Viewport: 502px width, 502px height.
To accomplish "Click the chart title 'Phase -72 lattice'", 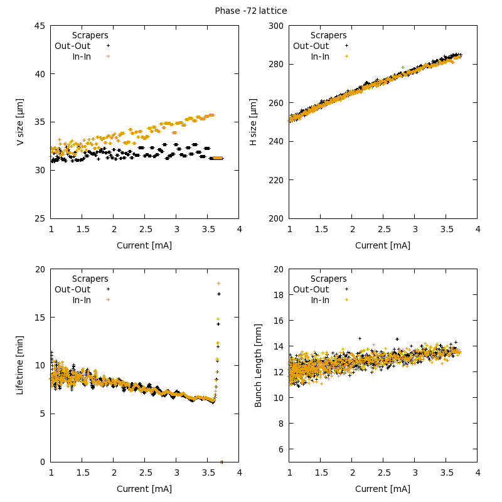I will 251,11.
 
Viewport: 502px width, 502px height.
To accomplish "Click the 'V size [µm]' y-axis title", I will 20,122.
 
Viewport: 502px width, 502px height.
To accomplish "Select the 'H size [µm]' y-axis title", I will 254,122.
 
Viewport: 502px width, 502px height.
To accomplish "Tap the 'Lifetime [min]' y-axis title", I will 20,365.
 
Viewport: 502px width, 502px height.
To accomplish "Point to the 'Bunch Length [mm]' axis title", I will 259,365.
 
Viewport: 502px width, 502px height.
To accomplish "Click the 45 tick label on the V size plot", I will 40,26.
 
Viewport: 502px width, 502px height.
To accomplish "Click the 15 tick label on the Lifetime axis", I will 40,318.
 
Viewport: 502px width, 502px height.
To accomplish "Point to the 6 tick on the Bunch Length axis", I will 280,449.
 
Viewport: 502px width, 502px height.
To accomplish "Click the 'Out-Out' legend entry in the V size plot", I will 73,46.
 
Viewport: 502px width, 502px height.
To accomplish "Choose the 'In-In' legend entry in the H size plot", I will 320,56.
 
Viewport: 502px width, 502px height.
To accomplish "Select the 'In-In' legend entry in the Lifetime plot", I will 82,300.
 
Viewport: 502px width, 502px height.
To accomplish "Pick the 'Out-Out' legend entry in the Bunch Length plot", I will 311,289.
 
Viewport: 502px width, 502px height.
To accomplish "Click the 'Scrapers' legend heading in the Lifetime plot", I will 90,279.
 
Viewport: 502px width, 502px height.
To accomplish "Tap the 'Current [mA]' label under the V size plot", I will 144,245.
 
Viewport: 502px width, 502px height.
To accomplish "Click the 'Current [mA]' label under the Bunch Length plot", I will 383,489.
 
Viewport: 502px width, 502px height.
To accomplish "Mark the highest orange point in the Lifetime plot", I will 218,283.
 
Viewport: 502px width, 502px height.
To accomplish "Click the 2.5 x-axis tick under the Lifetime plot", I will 144,474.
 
